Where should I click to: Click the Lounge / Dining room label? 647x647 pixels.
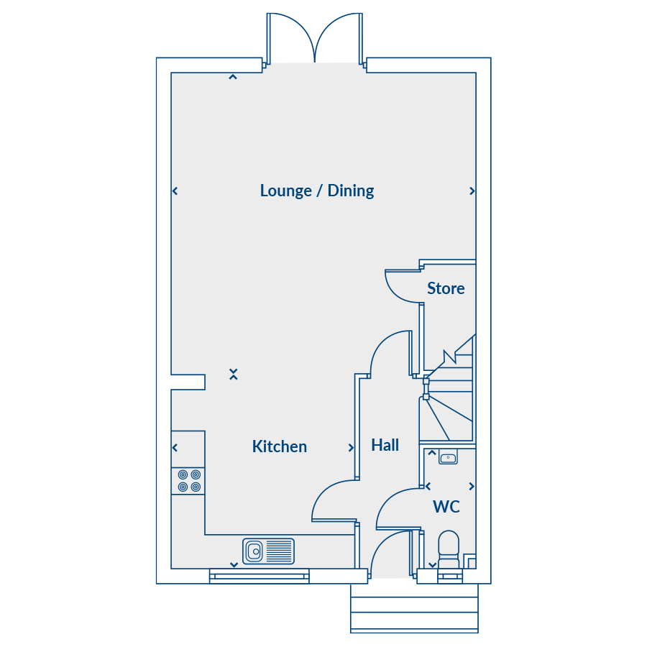[317, 191]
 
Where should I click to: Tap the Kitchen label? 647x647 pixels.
[280, 446]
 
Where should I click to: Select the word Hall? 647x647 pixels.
[385, 445]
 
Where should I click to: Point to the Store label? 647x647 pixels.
[446, 288]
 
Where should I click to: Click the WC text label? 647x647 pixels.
[446, 507]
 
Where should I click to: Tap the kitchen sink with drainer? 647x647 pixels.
[269, 551]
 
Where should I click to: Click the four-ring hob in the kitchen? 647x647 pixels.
[189, 481]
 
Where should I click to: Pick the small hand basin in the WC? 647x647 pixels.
[448, 457]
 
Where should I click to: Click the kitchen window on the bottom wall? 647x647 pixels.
[259, 576]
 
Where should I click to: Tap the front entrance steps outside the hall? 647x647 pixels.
[414, 608]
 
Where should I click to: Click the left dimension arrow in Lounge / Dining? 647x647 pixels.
[175, 191]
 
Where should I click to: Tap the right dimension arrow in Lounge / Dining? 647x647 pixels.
[472, 191]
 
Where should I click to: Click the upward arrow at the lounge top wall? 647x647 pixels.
[233, 77]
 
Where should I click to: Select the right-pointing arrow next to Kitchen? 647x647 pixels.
[351, 448]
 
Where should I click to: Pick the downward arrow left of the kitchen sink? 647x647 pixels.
[234, 565]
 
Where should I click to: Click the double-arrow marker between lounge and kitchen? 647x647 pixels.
[234, 375]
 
